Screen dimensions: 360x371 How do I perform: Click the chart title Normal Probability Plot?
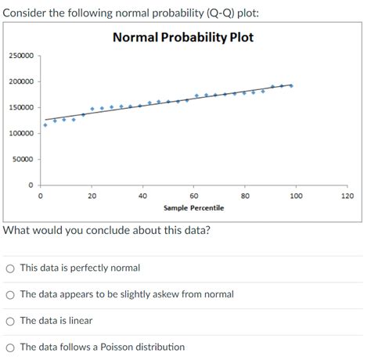tap(183, 38)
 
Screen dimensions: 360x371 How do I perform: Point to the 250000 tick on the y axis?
tap(21, 56)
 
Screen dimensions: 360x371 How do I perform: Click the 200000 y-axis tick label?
tap(21, 82)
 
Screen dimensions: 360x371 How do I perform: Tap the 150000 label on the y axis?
tap(21, 108)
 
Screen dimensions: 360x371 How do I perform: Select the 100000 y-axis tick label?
tap(21, 134)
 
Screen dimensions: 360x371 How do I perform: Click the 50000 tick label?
tap(23, 160)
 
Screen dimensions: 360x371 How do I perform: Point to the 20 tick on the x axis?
tap(92, 196)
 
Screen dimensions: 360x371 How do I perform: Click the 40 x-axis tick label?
tap(142, 196)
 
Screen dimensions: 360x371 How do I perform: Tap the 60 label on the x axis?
tap(194, 196)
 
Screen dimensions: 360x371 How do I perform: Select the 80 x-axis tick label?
tap(245, 196)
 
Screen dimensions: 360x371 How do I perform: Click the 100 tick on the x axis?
tap(296, 196)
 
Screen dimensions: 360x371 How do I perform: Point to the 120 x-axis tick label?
tap(348, 196)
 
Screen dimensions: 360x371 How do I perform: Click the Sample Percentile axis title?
tap(193, 208)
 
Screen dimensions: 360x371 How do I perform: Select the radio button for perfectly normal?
tap(10, 268)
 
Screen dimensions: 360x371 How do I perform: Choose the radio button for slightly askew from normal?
tap(10, 294)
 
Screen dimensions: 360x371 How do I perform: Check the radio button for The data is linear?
tap(10, 321)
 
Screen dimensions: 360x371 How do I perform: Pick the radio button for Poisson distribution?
tap(10, 347)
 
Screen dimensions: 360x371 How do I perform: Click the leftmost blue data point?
tap(45, 124)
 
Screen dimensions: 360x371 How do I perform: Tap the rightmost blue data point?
tap(291, 85)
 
